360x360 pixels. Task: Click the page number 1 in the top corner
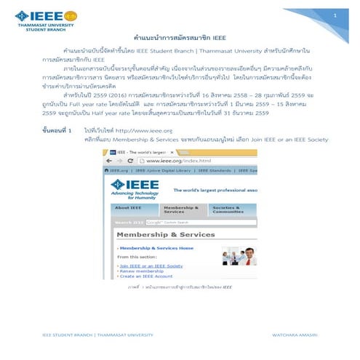tap(337, 15)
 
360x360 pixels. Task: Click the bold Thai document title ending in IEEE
tap(180, 36)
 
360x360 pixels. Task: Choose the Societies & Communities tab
tap(226, 209)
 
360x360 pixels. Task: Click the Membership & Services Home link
tap(156, 249)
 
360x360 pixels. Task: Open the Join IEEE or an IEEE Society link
tap(151, 266)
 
